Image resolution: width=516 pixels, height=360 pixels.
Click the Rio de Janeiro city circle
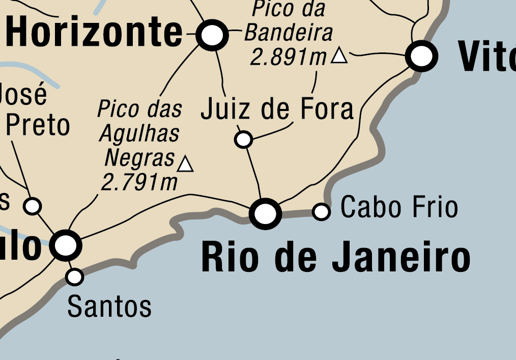[x=266, y=214]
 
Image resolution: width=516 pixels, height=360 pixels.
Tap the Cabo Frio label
[x=399, y=208]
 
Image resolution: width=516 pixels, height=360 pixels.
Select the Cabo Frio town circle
[x=321, y=211]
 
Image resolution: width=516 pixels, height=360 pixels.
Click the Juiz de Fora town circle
[x=244, y=139]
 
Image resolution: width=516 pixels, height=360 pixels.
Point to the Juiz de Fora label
[x=277, y=109]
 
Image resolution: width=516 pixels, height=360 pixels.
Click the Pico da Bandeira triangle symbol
[x=339, y=56]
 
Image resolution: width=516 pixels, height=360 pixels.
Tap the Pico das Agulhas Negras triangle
[x=186, y=164]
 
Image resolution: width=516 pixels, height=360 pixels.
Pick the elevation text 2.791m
[x=139, y=182]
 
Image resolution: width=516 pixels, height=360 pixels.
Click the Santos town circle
[x=75, y=277]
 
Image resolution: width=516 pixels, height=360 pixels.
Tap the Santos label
[x=109, y=307]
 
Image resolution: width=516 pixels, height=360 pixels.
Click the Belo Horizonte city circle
[x=212, y=35]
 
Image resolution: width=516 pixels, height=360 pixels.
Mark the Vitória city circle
[x=422, y=56]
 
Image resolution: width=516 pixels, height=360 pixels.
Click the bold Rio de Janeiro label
[x=335, y=258]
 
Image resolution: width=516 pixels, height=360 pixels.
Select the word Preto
[x=38, y=125]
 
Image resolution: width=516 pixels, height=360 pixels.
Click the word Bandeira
[x=289, y=33]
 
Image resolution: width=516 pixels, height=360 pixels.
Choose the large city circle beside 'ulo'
[x=66, y=245]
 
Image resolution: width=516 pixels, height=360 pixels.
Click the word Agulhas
[x=139, y=134]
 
